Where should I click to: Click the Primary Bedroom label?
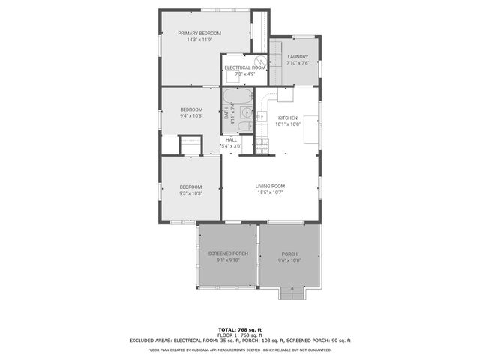199,34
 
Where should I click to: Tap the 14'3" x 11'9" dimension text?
199,40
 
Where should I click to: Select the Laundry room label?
298,56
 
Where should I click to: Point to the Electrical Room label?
245,68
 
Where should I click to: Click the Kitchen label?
289,118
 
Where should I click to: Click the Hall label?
231,139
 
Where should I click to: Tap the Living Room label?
270,186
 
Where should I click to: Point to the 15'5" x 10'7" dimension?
270,193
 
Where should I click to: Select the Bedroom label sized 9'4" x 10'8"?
190,110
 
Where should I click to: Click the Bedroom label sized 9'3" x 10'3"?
190,187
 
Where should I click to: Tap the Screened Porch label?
227,253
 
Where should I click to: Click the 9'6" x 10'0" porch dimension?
289,260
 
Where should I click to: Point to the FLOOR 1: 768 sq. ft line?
240,334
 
